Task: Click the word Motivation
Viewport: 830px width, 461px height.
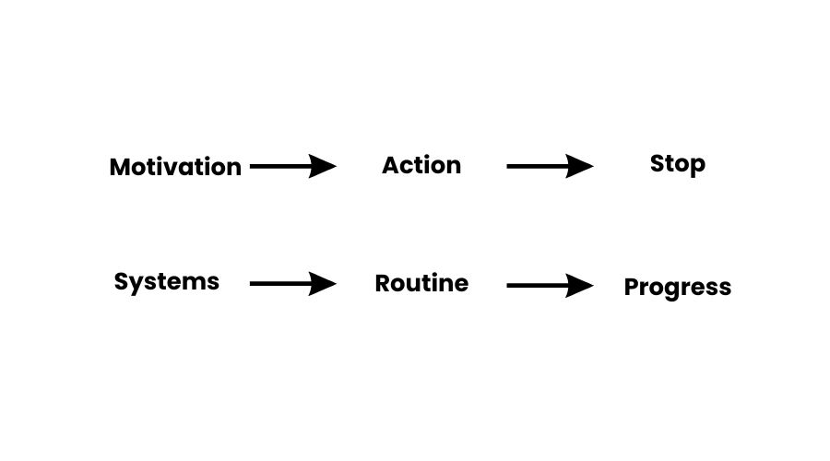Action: click(x=175, y=167)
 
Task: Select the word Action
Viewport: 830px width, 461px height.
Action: click(x=421, y=165)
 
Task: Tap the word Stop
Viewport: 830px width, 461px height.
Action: click(x=678, y=164)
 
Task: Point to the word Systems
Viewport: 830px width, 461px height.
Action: click(x=167, y=281)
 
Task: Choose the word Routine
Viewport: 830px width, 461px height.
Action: click(x=421, y=283)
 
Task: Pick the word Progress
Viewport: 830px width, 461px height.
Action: click(x=678, y=287)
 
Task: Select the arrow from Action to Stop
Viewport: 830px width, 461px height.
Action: click(x=550, y=167)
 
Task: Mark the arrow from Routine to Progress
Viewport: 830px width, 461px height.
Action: click(x=550, y=286)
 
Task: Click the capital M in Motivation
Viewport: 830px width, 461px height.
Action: click(x=120, y=167)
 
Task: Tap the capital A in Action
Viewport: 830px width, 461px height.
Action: click(x=390, y=165)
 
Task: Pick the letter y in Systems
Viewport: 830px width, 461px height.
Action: click(x=136, y=284)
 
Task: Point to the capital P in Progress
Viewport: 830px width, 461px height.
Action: click(x=632, y=287)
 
